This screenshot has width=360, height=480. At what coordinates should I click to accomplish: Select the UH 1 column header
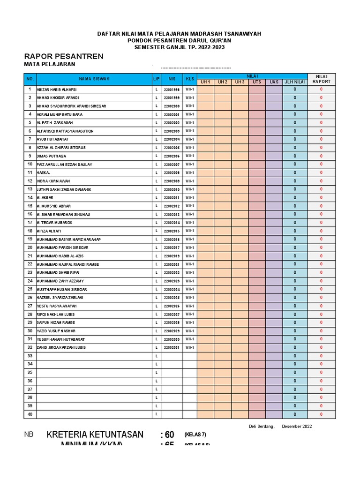click(205, 82)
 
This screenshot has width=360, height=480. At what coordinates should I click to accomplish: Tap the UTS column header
click(257, 82)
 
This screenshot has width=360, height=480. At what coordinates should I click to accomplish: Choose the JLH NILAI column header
click(295, 82)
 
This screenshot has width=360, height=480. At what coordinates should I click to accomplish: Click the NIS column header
click(172, 79)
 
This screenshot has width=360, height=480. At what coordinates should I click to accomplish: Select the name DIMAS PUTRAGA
click(51, 156)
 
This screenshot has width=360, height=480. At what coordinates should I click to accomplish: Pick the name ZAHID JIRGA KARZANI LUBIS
click(61, 348)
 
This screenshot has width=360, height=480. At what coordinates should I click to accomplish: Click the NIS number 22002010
click(172, 189)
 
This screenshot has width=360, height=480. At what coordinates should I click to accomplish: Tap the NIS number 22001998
click(172, 90)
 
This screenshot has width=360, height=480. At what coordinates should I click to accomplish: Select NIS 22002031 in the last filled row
click(172, 348)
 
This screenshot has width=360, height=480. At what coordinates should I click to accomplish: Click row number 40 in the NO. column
click(30, 414)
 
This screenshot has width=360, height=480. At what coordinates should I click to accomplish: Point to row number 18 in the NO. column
click(30, 231)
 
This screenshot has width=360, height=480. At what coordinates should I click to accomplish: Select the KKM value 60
click(167, 435)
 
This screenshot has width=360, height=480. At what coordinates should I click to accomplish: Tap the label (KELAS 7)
click(195, 435)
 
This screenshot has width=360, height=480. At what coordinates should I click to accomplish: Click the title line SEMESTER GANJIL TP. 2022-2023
click(179, 47)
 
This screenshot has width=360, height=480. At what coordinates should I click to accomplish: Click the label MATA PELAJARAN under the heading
click(49, 65)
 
